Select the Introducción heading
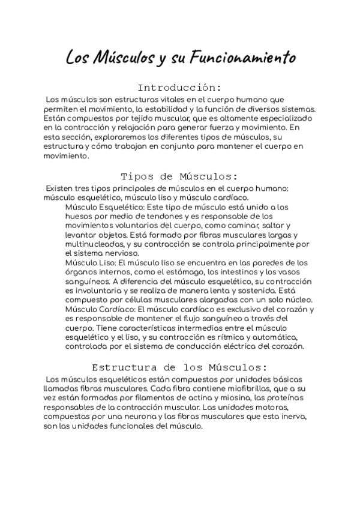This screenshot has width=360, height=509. pos(179,87)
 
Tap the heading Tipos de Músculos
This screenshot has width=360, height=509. pos(179,176)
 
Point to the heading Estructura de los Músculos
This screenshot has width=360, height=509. pos(179,367)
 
